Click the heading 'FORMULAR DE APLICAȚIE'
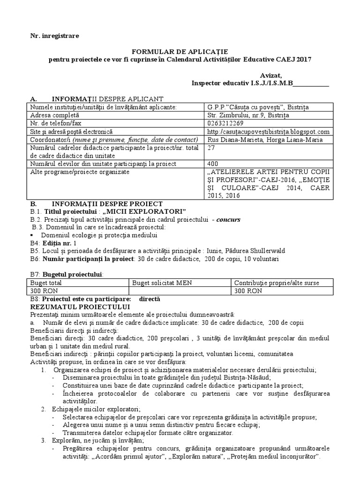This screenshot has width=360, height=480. (180, 51)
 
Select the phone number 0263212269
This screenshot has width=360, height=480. (226, 123)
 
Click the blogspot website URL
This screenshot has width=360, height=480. (268, 132)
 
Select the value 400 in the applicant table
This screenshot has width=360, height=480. (212, 164)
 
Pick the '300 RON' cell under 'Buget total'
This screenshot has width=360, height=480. (43, 291)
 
